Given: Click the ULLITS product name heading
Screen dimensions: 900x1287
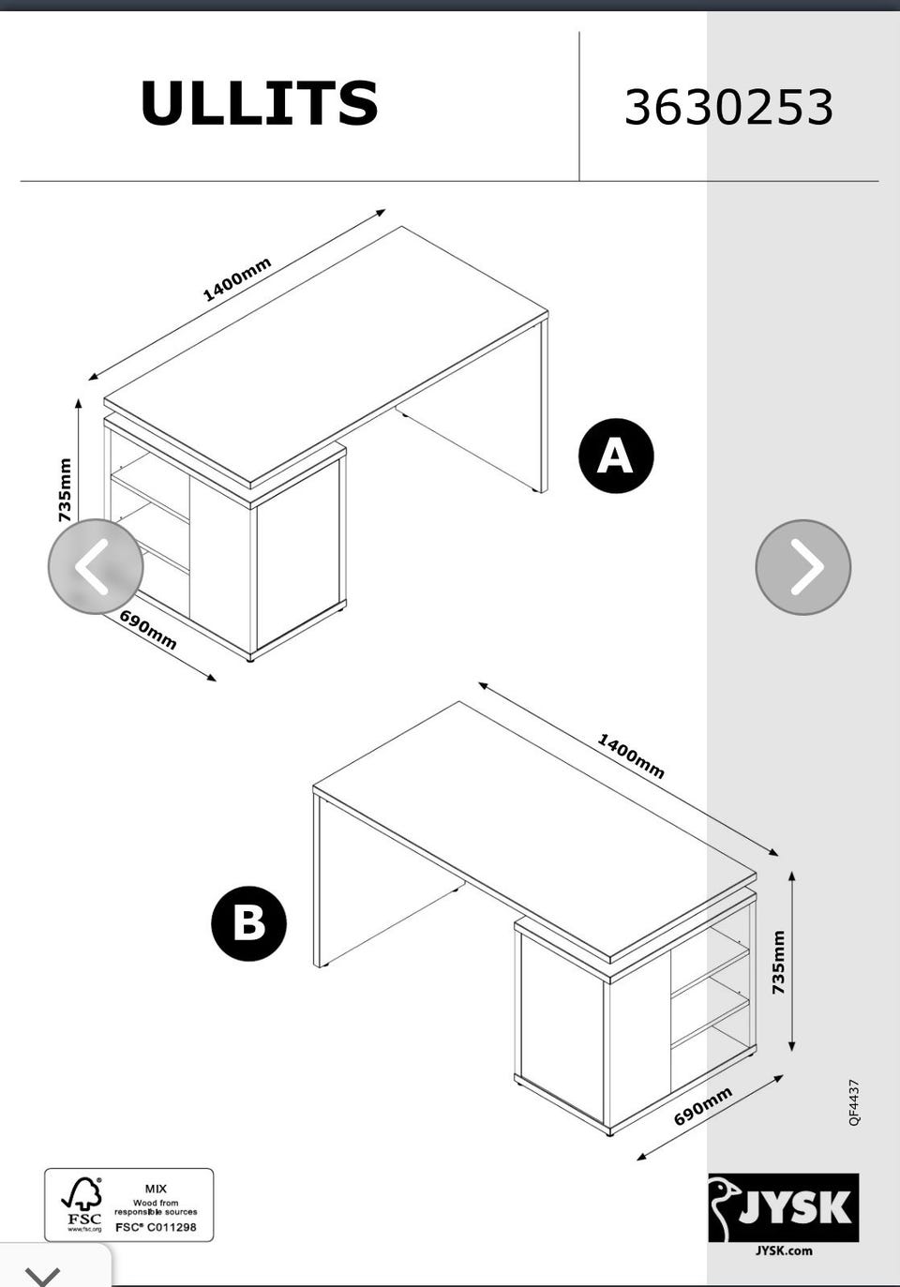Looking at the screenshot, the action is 259,103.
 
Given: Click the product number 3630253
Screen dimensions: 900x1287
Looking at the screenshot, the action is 728,108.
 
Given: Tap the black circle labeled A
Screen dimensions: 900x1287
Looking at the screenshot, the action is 616,456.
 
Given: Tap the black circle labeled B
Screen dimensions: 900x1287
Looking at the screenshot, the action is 248,923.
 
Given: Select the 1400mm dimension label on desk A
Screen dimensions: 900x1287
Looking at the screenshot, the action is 237,280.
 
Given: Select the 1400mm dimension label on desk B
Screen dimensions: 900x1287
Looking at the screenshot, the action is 631,756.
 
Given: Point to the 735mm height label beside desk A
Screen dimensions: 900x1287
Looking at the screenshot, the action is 65,489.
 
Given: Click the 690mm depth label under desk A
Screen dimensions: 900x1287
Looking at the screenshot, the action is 148,630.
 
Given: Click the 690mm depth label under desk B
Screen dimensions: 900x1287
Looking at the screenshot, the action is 703,1105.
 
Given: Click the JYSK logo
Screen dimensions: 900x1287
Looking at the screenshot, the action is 784,1207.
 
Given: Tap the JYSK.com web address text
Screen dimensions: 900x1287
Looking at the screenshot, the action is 784,1250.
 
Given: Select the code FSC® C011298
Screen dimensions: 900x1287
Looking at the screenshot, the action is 156,1227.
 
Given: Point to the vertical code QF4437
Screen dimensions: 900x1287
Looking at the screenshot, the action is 855,1102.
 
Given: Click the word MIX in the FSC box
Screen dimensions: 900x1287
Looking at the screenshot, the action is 156,1189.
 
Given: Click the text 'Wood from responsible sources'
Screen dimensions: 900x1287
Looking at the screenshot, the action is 156,1207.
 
